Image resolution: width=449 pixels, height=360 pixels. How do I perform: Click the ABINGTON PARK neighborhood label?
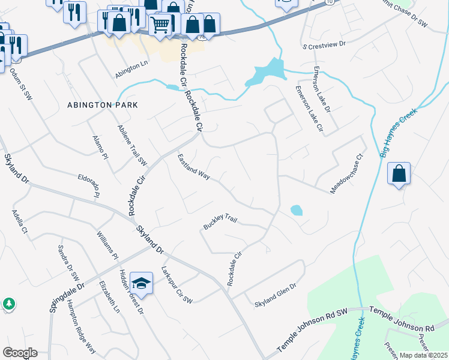coord(102,105)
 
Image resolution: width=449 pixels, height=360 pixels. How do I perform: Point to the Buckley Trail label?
coord(220,223)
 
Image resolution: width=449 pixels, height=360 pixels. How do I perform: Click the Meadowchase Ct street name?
coord(347,175)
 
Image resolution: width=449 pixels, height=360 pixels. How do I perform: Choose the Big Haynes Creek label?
coord(399,129)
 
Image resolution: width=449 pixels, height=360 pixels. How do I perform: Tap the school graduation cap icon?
coord(141,283)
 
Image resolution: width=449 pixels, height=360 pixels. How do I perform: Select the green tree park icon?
coord(9,304)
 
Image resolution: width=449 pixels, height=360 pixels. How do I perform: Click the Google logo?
coord(20,353)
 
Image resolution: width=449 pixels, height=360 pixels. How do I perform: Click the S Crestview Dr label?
coord(325,44)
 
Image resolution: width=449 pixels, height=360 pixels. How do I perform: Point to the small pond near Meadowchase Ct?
coord(296,211)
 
